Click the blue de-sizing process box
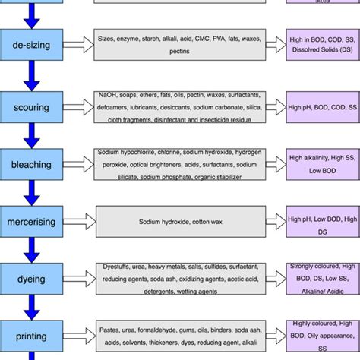31,46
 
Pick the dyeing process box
31,279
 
